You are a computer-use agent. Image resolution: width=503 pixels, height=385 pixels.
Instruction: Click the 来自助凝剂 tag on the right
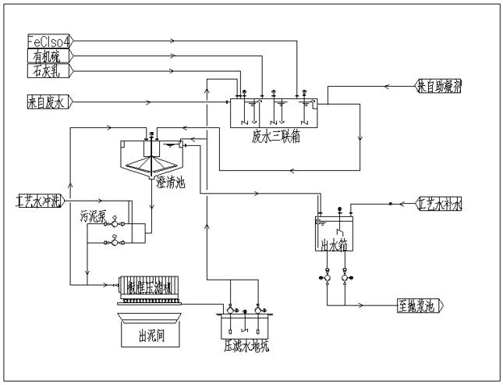pyautogui.click(x=439, y=86)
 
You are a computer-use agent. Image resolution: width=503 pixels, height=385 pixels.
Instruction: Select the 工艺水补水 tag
pyautogui.click(x=441, y=205)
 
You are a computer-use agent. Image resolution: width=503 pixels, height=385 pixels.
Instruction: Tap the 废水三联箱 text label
pyautogui.click(x=275, y=136)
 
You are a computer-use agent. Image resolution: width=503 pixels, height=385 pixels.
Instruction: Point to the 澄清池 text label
pyautogui.click(x=171, y=181)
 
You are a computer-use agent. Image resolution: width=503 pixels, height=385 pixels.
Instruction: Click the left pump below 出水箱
pyautogui.click(x=324, y=277)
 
